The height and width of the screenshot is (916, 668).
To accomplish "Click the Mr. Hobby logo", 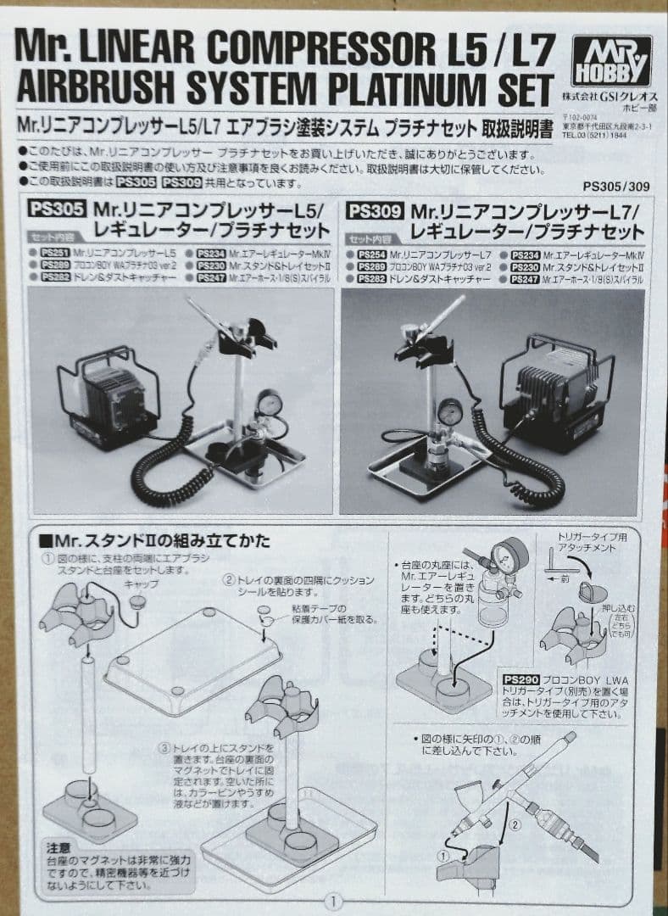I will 610,61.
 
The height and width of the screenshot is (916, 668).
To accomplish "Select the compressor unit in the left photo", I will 108,395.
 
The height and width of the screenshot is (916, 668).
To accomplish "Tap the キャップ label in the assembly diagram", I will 141,585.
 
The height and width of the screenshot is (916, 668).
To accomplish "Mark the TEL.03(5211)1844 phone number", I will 603,133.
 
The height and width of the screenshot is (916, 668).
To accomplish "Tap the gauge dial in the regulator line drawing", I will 509,557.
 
